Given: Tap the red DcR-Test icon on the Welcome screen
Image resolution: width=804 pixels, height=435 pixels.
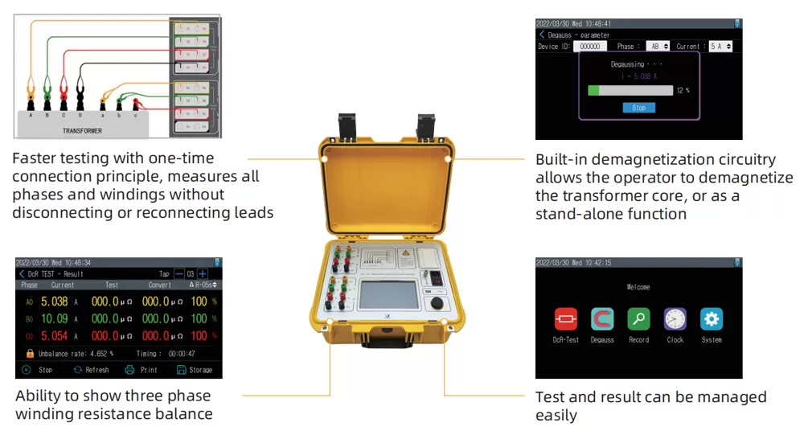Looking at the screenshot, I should pyautogui.click(x=565, y=319).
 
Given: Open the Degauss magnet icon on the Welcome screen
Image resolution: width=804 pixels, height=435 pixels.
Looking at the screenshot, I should pyautogui.click(x=602, y=319).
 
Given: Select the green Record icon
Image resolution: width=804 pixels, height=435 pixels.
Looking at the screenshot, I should pyautogui.click(x=638, y=319).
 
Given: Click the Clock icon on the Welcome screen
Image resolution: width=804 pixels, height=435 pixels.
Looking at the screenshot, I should pyautogui.click(x=675, y=319).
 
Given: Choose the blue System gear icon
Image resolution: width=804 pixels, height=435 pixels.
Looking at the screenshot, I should pyautogui.click(x=712, y=319).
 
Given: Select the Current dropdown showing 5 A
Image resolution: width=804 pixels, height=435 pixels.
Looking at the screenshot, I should pyautogui.click(x=720, y=47).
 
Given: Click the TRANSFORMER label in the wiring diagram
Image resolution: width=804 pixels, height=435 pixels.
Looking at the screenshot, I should pyautogui.click(x=82, y=129).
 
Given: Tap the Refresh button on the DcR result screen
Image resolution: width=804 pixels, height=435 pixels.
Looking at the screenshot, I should pyautogui.click(x=90, y=370).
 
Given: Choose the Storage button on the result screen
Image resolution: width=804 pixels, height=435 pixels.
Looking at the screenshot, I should pyautogui.click(x=195, y=370).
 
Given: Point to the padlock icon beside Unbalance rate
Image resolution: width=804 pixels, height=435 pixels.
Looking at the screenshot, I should pyautogui.click(x=30, y=353).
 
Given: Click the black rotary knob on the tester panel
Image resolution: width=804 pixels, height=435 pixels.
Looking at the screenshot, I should pyautogui.click(x=435, y=303).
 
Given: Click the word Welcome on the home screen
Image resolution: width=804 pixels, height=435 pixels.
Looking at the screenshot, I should pyautogui.click(x=638, y=287).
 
